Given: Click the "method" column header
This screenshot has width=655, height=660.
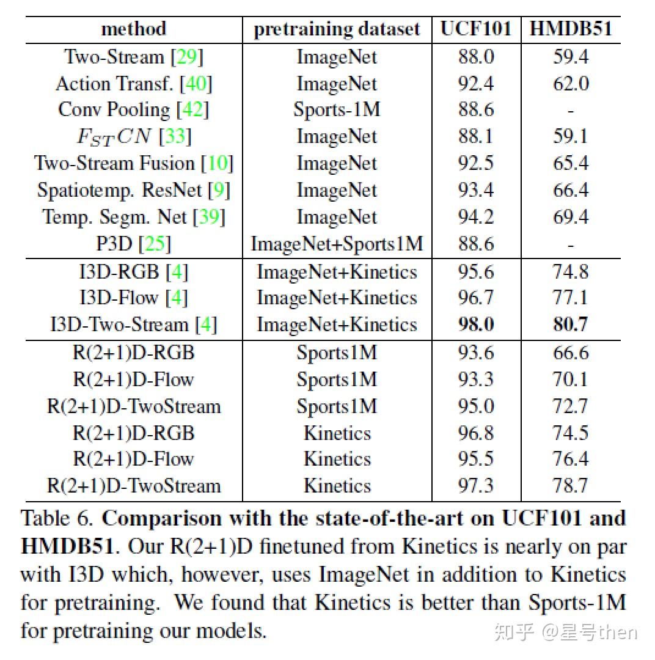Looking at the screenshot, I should [x=133, y=29].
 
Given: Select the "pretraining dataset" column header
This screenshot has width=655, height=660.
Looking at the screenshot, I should [x=337, y=29].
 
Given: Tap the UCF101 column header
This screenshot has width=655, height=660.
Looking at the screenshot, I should [x=475, y=29].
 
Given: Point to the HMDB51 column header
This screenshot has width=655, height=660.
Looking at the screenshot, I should [x=570, y=29].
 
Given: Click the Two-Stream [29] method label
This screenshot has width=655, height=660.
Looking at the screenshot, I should [x=133, y=57].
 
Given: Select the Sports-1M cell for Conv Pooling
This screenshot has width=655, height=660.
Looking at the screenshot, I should [x=337, y=109].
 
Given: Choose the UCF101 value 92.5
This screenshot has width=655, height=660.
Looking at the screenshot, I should [x=476, y=163].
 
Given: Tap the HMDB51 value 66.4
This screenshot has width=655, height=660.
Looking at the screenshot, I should [x=571, y=190].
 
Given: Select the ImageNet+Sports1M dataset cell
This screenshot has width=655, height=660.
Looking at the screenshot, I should [x=337, y=244].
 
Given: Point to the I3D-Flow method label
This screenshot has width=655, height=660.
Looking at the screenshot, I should [x=133, y=298].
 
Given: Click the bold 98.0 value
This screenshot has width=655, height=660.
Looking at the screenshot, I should [x=476, y=324].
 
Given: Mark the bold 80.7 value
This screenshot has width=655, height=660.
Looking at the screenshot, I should [x=571, y=324].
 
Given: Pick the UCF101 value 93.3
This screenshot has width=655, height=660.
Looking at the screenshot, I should [x=476, y=380].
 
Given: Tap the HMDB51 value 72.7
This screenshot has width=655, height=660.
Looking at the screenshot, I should [x=571, y=406].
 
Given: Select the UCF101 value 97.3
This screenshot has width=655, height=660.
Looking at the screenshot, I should [x=476, y=486].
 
